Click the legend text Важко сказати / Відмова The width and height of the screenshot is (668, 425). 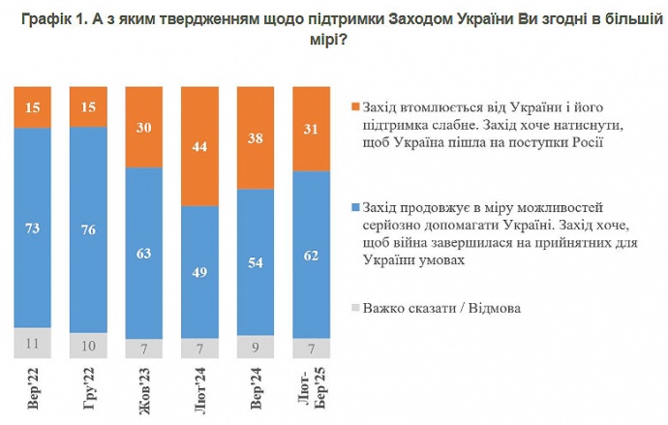tap(441, 309)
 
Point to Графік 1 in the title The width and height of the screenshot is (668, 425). tap(49, 18)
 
